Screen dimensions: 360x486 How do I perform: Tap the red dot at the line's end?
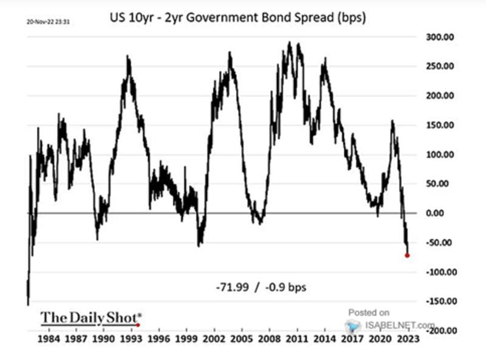pyautogui.click(x=407, y=255)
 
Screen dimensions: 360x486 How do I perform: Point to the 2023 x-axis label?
pyautogui.click(x=406, y=340)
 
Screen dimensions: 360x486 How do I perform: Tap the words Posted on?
pyautogui.click(x=372, y=313)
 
